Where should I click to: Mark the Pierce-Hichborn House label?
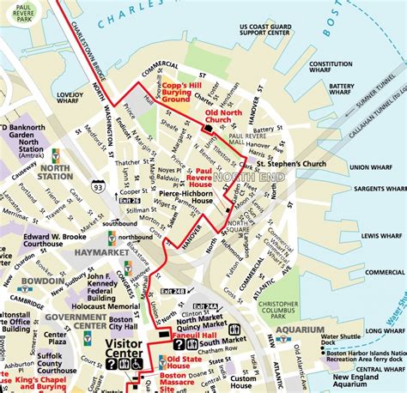point(186,199)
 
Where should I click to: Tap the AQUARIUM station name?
point(300,330)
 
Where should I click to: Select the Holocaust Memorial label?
point(106,306)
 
